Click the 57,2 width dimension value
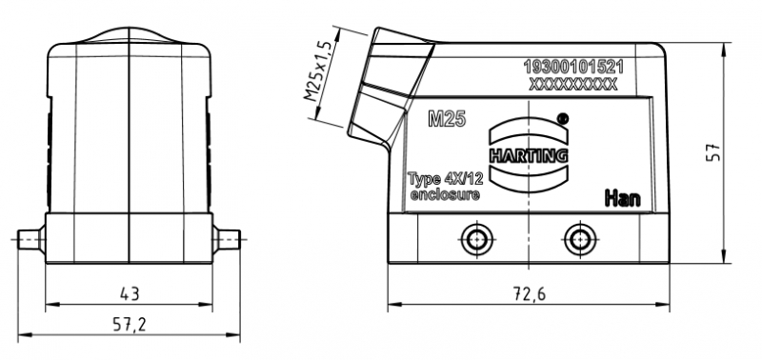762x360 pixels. pyautogui.click(x=130, y=324)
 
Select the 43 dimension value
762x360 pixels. pyautogui.click(x=130, y=293)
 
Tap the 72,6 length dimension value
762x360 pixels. pyautogui.click(x=530, y=293)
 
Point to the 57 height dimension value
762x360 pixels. pyautogui.click(x=712, y=152)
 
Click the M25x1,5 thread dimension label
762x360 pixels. pyautogui.click(x=318, y=70)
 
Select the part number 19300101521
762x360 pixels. pyautogui.click(x=573, y=67)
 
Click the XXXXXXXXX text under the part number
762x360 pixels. pyautogui.click(x=573, y=84)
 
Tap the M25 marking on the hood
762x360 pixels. pyautogui.click(x=447, y=119)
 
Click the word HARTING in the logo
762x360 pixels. pyautogui.click(x=529, y=155)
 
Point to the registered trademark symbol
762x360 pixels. pyautogui.click(x=562, y=117)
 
